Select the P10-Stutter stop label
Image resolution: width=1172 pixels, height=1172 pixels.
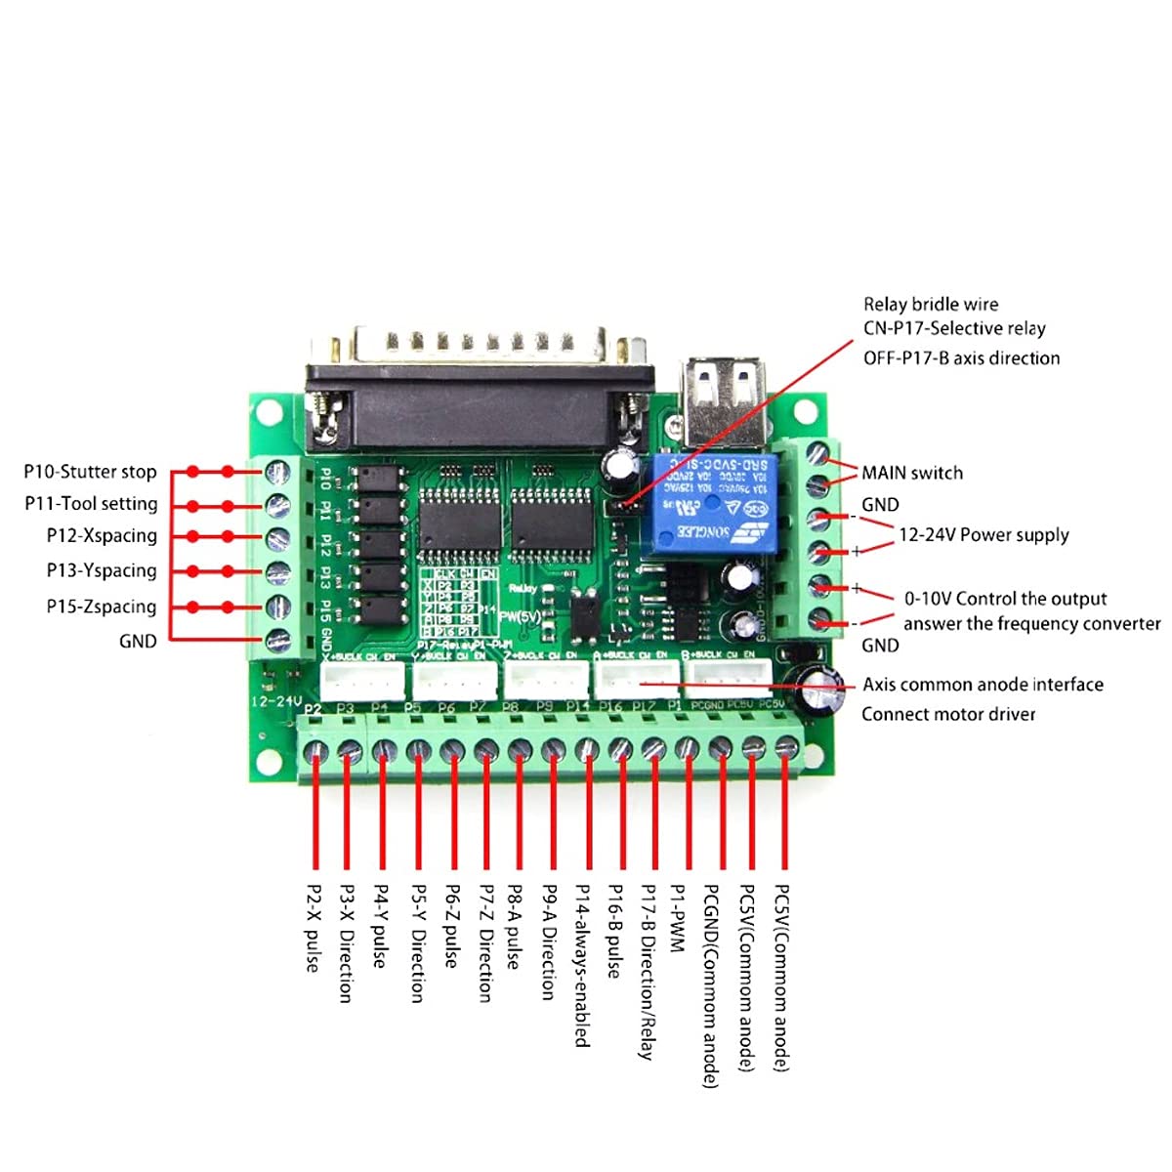tap(90, 472)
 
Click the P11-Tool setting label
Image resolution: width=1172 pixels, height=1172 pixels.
tap(91, 504)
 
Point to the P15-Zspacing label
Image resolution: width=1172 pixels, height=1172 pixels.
tap(102, 607)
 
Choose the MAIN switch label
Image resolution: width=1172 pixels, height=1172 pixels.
tap(911, 473)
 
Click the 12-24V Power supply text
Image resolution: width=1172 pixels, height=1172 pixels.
tap(984, 535)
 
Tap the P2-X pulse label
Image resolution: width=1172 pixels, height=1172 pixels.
tap(313, 928)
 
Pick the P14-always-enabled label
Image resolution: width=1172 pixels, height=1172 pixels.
tap(583, 966)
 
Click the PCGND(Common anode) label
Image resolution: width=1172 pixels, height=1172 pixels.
tap(712, 986)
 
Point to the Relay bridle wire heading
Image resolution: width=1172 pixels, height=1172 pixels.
tap(931, 305)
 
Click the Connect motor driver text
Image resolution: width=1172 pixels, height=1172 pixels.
tap(948, 714)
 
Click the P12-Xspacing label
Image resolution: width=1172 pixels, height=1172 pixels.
tap(102, 536)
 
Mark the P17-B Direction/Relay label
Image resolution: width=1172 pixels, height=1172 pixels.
tap(648, 973)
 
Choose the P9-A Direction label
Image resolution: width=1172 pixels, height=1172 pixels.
tap(549, 942)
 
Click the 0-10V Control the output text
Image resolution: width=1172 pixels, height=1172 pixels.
tap(1005, 599)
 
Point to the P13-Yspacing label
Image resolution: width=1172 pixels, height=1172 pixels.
tap(102, 570)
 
